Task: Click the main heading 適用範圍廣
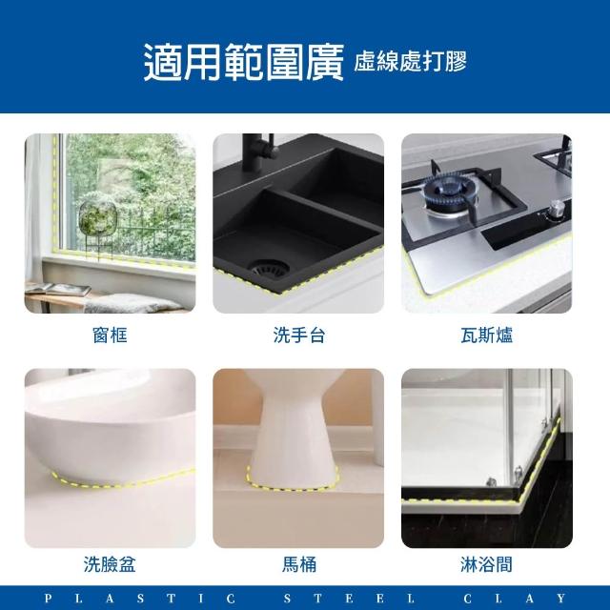(x=244, y=62)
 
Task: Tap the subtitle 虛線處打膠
(x=410, y=61)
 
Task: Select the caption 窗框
(x=110, y=335)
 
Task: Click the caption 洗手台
(x=298, y=335)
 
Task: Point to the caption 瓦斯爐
(x=487, y=335)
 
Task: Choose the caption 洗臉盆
(x=110, y=564)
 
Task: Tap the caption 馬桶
(x=298, y=564)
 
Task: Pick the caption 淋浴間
(x=487, y=564)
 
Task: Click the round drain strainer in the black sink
(x=270, y=267)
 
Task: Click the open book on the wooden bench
(x=58, y=289)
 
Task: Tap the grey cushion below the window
(x=132, y=303)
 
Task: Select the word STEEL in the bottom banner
(x=349, y=598)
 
